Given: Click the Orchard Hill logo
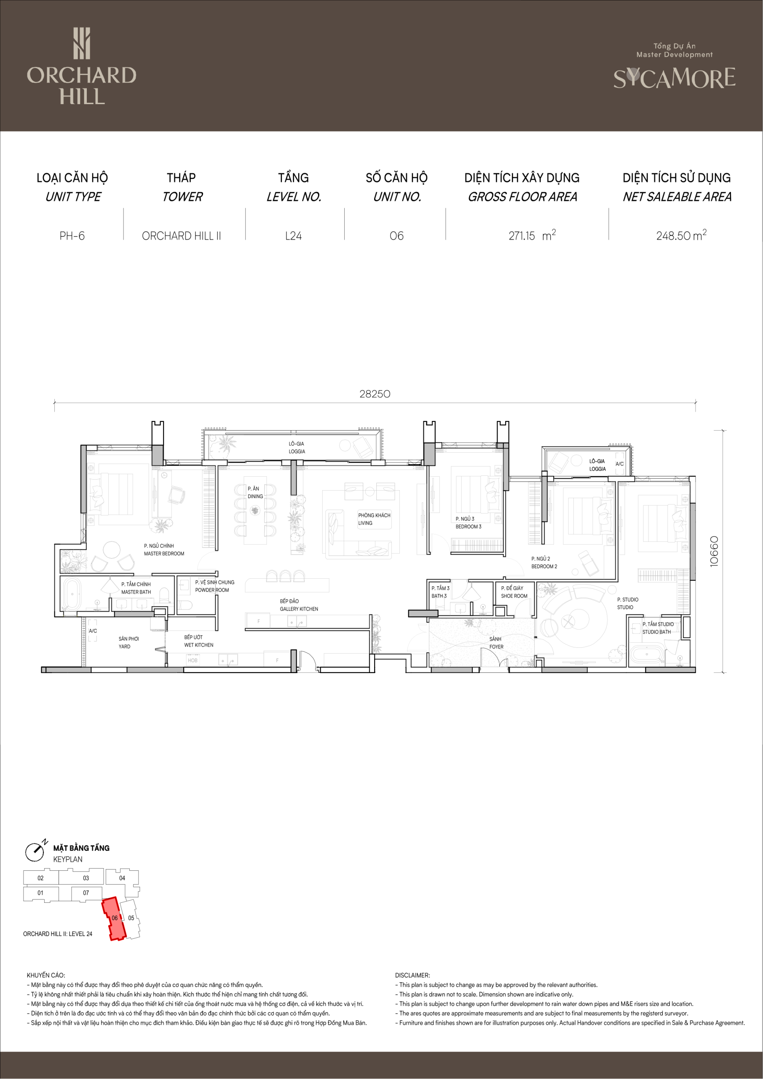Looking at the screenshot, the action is [82, 66].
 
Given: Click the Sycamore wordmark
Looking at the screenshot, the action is [674, 78].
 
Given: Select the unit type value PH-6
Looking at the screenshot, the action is [72, 236].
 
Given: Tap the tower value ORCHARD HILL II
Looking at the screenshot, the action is [181, 236].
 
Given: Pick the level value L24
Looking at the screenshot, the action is [294, 236].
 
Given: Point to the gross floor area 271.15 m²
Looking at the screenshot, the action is [532, 234].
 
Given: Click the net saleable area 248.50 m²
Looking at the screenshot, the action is [681, 234].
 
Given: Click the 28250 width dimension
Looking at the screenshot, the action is [375, 394].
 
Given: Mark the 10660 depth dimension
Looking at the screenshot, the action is [714, 552].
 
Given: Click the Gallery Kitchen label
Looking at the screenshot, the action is [299, 605].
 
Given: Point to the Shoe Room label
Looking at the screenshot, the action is [514, 592].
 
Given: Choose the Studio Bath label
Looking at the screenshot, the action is [658, 628].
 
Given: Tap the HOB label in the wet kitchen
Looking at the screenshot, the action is [193, 660].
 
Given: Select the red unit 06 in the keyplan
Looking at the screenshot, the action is [114, 918].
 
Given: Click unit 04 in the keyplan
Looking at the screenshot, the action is [122, 878].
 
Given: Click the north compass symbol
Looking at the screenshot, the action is [35, 851].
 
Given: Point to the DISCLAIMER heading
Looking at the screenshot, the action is [412, 975].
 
